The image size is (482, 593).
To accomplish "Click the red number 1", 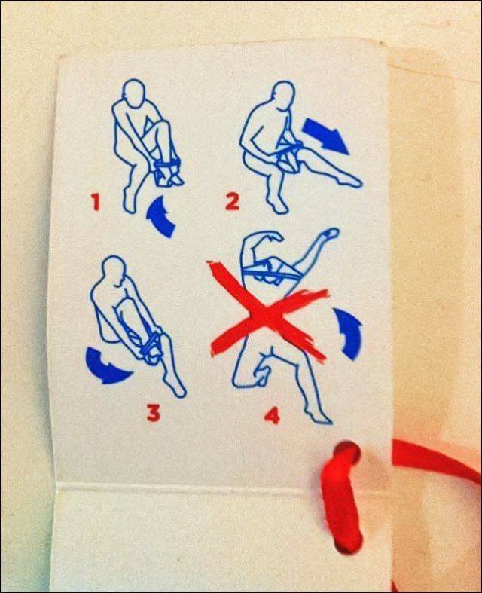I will (96, 202).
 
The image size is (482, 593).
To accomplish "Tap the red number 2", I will (232, 201).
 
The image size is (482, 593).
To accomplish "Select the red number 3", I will (153, 412).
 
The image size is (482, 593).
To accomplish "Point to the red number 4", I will (271, 414).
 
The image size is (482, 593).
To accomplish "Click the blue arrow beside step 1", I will (160, 217).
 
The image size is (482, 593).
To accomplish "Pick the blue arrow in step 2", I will (325, 135).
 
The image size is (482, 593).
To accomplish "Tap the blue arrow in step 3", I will (106, 365).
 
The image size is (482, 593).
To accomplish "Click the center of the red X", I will (267, 310).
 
